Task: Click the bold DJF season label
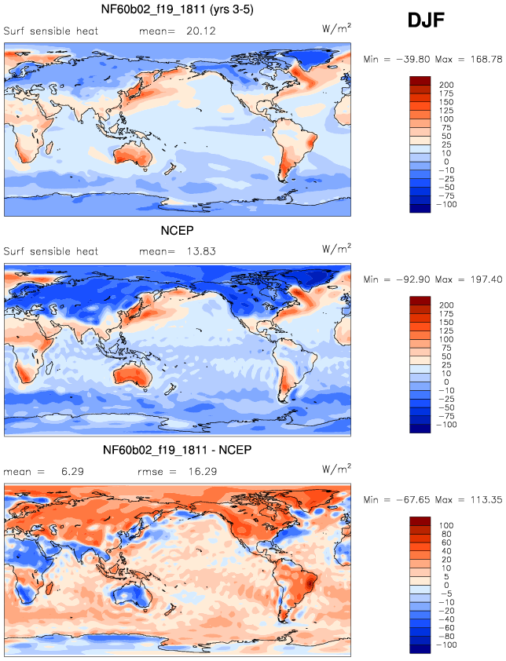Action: (x=426, y=20)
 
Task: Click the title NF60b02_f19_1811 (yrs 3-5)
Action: (x=178, y=9)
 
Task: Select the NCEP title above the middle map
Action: (x=178, y=231)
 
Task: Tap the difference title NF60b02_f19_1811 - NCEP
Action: (x=178, y=450)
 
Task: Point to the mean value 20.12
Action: (x=201, y=31)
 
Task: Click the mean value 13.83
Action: (x=201, y=251)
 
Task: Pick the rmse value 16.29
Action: (x=203, y=471)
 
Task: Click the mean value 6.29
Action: (x=72, y=471)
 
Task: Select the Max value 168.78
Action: (x=486, y=59)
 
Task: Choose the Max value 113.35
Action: (x=486, y=499)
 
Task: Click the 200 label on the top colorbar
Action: (x=446, y=85)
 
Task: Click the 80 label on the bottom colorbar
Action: (x=446, y=534)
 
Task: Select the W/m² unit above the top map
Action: (x=336, y=28)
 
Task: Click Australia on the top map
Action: (x=133, y=156)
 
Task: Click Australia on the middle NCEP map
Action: (x=133, y=377)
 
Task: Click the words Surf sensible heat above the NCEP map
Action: (x=50, y=251)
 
